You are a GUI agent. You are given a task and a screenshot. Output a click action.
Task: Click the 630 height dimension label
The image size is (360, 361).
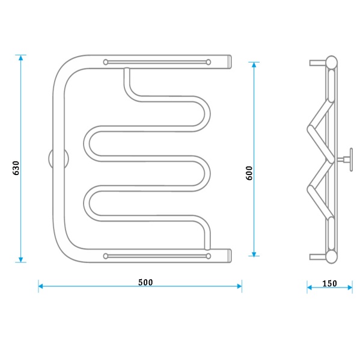16,168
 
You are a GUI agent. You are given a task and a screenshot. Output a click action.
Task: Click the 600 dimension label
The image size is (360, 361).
249,173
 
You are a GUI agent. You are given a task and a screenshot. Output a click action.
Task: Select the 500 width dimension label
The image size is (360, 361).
145,282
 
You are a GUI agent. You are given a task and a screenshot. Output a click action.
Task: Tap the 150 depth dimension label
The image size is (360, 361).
329,283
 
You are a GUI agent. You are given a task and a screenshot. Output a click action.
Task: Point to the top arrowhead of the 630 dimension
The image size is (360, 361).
21,58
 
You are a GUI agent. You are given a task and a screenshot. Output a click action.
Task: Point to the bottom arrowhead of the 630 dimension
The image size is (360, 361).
21,260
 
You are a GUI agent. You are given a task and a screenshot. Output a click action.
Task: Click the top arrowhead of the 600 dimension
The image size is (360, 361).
254,65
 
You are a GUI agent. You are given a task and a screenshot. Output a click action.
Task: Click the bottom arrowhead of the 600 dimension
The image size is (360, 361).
254,253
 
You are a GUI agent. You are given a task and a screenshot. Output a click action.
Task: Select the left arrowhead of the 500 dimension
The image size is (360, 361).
41,286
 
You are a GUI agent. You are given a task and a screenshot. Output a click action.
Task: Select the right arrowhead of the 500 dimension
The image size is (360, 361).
239,286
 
